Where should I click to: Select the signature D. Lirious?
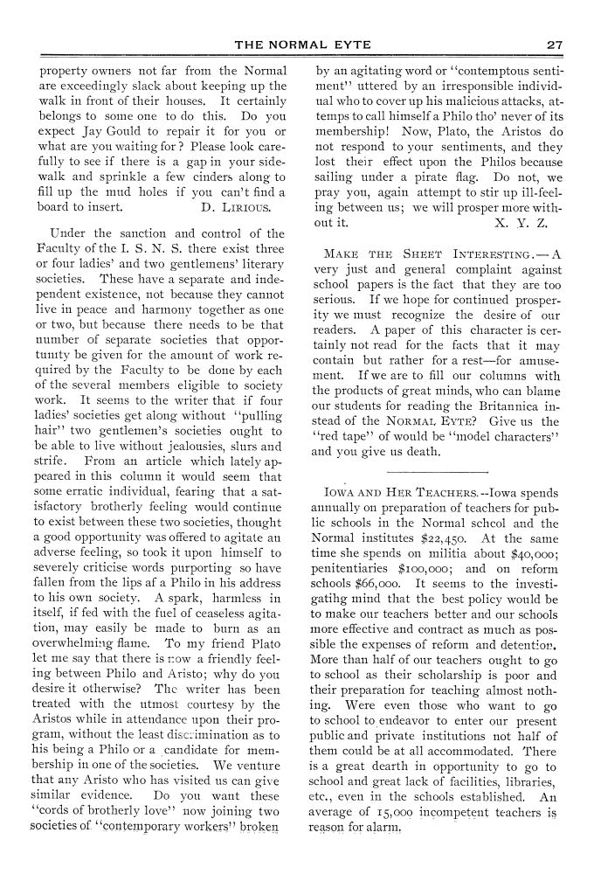[235, 208]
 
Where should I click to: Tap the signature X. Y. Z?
[521, 222]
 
